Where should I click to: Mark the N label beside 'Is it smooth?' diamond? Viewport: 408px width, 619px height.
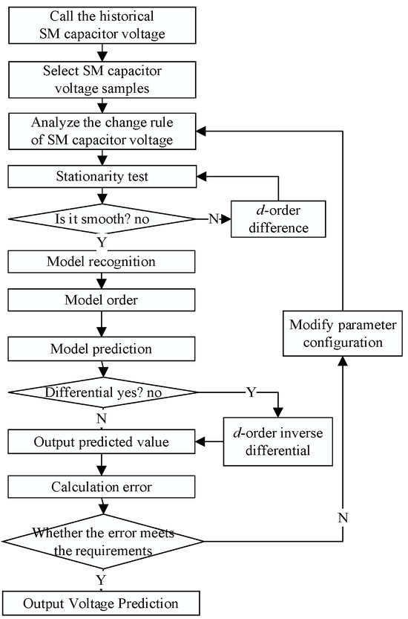pyautogui.click(x=214, y=221)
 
